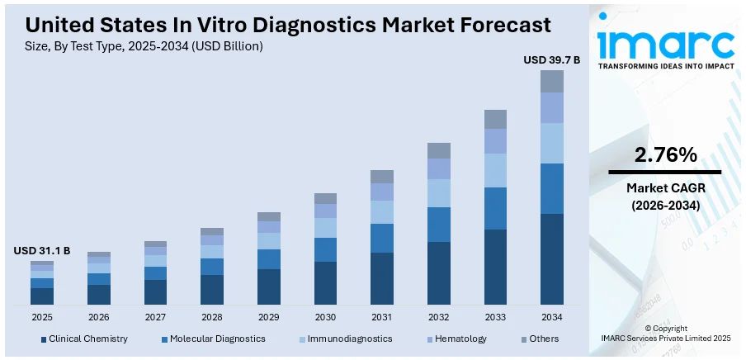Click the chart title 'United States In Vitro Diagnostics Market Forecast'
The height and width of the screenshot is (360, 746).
pos(288,25)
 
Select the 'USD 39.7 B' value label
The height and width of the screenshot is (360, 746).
pos(551,59)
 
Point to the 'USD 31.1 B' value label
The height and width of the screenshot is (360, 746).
pos(42,250)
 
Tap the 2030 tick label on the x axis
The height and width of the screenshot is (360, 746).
pos(325,317)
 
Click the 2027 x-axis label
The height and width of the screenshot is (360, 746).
pos(155,317)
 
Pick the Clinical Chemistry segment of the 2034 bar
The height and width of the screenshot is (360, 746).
pos(552,258)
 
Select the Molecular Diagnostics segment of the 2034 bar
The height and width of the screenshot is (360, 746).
pos(552,188)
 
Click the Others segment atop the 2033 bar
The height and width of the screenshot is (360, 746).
pos(495,119)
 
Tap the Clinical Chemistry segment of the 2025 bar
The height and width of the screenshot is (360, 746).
pos(42,296)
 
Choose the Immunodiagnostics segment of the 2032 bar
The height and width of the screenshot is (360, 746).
pos(439,192)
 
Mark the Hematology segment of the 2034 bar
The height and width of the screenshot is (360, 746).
pos(552,107)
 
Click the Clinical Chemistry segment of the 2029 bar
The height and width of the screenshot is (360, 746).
pos(269,287)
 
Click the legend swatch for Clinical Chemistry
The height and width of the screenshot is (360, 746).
pos(43,339)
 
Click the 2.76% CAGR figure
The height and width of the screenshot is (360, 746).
pos(665,154)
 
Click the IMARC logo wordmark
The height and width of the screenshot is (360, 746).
pos(665,42)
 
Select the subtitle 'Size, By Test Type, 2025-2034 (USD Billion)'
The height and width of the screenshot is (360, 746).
pos(144,46)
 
